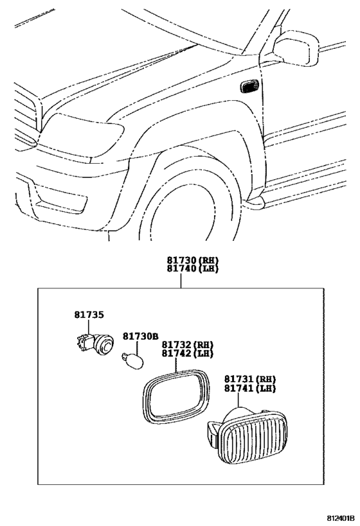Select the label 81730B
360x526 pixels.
point(140,337)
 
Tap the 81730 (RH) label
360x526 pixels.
point(193,259)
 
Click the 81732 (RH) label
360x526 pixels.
point(187,345)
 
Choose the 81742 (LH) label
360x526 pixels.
point(187,354)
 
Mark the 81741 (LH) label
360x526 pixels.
point(249,390)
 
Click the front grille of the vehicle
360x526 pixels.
point(24,116)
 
